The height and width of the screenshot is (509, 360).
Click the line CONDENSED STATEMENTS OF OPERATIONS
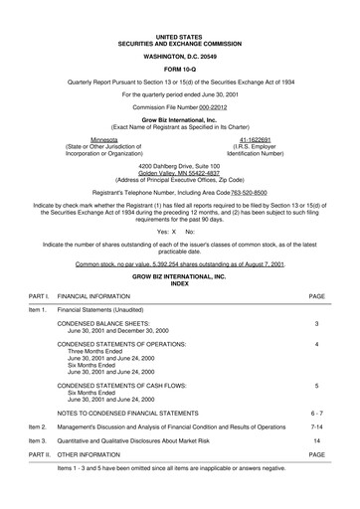[x=123, y=344]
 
